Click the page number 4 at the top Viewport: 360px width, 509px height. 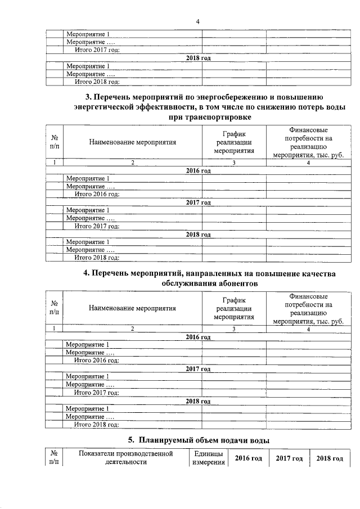[197, 21]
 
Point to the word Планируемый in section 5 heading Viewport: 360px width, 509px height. [168, 439]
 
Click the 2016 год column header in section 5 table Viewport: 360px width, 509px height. [248, 458]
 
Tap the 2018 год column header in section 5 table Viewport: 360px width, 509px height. [330, 458]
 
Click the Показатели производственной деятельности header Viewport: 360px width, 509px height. [125, 458]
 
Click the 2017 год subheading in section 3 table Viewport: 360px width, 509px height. [198, 202]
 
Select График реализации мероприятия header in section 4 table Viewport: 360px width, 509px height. [234, 308]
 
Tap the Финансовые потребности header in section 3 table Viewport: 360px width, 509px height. [308, 142]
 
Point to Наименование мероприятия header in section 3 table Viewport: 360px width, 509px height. [133, 142]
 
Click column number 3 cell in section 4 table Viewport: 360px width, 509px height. [234, 328]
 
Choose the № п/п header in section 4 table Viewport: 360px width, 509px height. [55, 308]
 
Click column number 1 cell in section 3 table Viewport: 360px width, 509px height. [55, 163]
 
